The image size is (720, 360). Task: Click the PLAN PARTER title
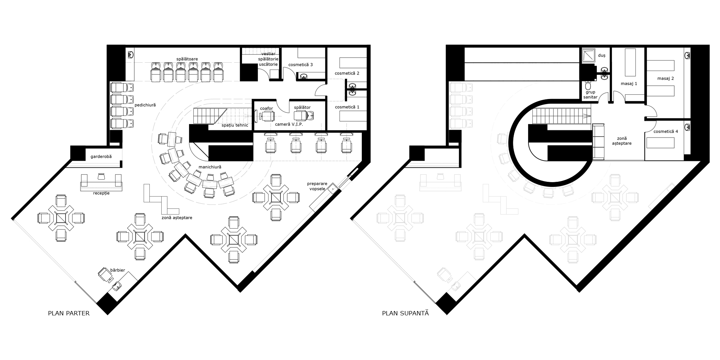pos(69,313)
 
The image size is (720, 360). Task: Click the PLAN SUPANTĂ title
pos(405,313)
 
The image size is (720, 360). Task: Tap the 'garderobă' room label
pos(101,157)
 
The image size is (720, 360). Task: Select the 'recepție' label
pos(101,193)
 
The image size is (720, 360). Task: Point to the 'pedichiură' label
pos(145,105)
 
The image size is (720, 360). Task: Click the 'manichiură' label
pos(210,167)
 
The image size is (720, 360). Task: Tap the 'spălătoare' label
pos(187,59)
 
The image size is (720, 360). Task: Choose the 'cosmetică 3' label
pos(301,64)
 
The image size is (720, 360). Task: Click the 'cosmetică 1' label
pos(347,107)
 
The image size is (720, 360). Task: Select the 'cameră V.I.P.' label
pos(289,124)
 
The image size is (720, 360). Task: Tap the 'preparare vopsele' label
pos(317,186)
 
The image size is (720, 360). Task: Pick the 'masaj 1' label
pos(629,84)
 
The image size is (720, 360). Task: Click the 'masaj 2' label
pos(666,78)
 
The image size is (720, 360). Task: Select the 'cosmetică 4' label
pos(666,131)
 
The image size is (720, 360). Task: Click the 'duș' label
pos(602,55)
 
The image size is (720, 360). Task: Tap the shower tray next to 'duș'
pos(589,55)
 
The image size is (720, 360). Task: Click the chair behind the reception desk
pos(101,176)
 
